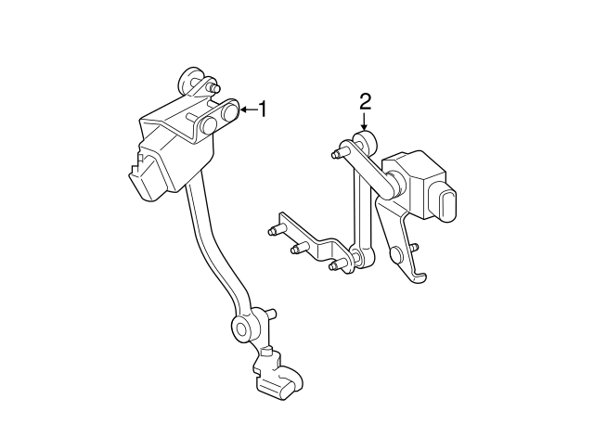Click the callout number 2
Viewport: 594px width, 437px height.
(x=365, y=100)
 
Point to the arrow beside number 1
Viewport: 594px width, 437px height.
(x=246, y=110)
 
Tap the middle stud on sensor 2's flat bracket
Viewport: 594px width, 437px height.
(x=299, y=248)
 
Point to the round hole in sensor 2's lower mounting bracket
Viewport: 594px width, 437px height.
(x=395, y=252)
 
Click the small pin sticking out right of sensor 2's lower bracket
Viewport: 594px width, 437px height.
(x=414, y=247)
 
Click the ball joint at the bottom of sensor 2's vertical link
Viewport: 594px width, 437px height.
(x=356, y=256)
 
